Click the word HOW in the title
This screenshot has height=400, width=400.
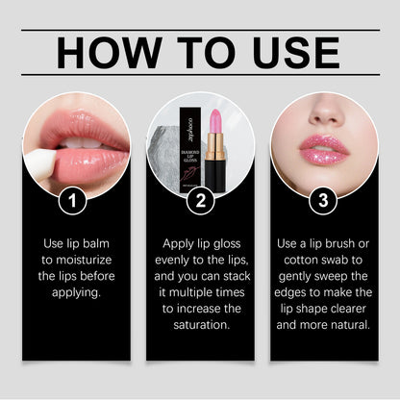coord(106,56)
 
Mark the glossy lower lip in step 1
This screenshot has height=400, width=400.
coord(82,162)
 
